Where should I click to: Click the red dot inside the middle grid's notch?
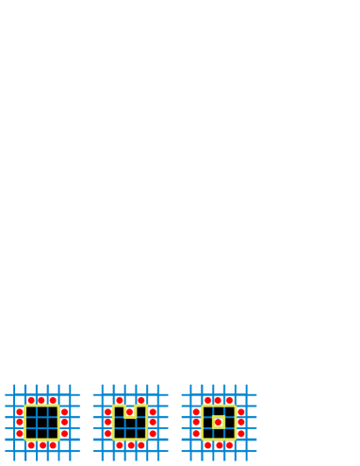click(130, 412)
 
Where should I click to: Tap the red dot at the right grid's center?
click(218, 423)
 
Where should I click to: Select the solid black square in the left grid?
click(41, 423)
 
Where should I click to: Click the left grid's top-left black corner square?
click(8, 390)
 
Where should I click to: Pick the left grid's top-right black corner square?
click(74, 390)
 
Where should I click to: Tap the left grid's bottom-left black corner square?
click(8, 456)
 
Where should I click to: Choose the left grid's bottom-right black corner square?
click(74, 456)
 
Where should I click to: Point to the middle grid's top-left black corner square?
click(97, 390)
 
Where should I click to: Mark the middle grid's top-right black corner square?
click(163, 390)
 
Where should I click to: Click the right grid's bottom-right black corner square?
click(252, 456)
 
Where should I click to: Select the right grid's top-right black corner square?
click(252, 390)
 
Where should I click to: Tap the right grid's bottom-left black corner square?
click(186, 456)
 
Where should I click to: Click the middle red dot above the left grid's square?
click(41, 400)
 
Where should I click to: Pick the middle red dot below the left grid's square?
click(41, 445)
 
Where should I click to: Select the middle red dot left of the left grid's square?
click(19, 423)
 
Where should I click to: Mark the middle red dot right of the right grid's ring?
click(241, 423)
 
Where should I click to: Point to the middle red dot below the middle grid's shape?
click(130, 445)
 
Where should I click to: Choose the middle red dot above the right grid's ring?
click(218, 400)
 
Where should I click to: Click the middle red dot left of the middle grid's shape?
click(107, 423)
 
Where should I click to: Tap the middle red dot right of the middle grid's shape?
click(153, 423)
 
